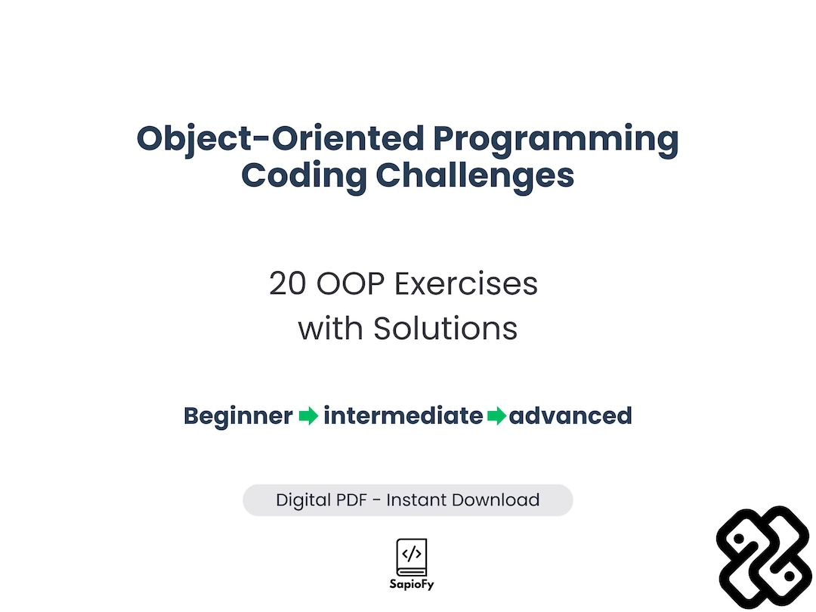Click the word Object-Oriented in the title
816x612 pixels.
tap(280, 139)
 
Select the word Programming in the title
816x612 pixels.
tap(556, 141)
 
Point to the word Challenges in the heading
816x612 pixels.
tap(474, 176)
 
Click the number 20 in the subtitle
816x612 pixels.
tap(287, 284)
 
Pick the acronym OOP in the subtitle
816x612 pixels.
tap(351, 284)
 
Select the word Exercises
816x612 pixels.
tap(465, 284)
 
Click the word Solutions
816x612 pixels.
tap(446, 329)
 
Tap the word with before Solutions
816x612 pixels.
tap(330, 329)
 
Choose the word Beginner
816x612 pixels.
tap(238, 416)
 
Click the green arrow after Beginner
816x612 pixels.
tap(308, 416)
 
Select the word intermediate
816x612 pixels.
tap(403, 416)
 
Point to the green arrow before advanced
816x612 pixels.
tap(497, 416)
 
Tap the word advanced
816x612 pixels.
tap(570, 416)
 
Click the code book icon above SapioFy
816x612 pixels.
tap(412, 558)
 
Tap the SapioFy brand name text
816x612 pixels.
tap(412, 585)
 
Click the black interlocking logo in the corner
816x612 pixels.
tap(764, 558)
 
